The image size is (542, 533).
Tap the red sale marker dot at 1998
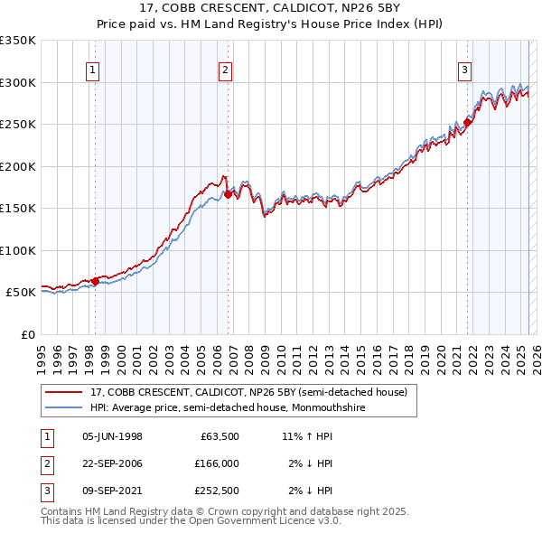point(95,281)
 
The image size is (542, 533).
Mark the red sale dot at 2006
point(228,193)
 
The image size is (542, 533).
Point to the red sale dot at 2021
point(468,122)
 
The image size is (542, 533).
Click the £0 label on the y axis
point(26,334)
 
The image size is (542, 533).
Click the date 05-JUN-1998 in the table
point(112,436)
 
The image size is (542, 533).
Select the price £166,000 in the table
point(217,463)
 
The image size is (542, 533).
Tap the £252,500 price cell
point(217,491)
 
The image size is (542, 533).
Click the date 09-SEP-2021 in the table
point(112,491)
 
